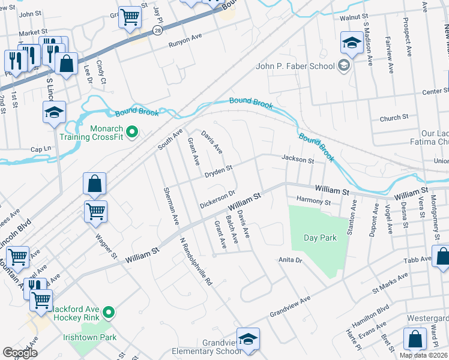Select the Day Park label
pyautogui.click(x=320, y=238)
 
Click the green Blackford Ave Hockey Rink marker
pyautogui.click(x=109, y=312)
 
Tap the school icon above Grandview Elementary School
pyautogui.click(x=248, y=338)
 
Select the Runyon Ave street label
pyautogui.click(x=185, y=40)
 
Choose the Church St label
pyautogui.click(x=394, y=118)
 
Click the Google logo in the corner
pyautogui.click(x=20, y=353)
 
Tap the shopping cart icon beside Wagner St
pyautogui.click(x=95, y=211)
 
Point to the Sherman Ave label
pyautogui.click(x=170, y=206)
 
